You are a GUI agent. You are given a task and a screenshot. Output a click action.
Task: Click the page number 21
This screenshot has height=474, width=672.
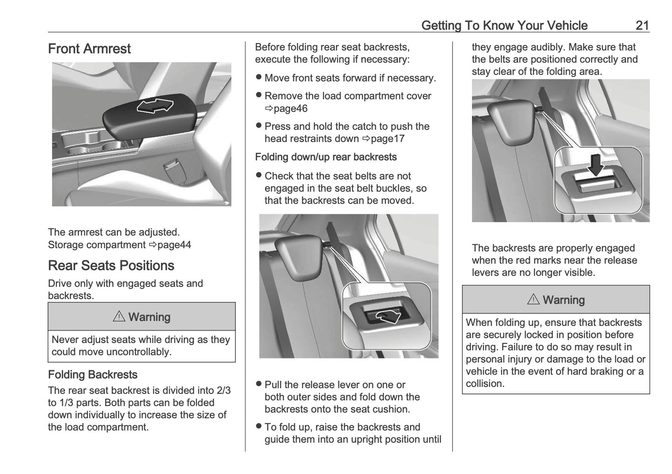(642, 25)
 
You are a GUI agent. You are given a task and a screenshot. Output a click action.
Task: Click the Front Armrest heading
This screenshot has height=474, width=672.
(89, 49)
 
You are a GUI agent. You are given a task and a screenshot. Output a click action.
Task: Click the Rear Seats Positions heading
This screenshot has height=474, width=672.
(111, 265)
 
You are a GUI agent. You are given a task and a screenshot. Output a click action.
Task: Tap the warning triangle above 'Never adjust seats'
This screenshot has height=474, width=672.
(119, 317)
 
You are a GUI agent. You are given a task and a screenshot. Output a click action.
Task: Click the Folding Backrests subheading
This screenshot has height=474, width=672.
(93, 375)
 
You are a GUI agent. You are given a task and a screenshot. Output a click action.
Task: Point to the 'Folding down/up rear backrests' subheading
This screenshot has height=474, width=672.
(326, 157)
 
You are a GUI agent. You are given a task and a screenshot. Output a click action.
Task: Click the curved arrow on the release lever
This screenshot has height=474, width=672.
(388, 317)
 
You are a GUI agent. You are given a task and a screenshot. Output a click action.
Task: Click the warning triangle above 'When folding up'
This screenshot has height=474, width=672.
(533, 300)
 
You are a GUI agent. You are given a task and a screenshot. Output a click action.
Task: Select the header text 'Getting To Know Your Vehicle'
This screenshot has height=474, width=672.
(504, 25)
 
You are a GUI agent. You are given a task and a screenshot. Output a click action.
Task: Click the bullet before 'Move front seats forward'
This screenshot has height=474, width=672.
(259, 78)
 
